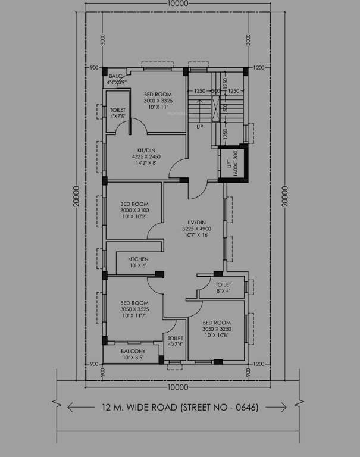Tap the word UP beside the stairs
(x=199, y=127)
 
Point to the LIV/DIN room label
(x=196, y=228)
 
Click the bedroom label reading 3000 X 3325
(x=158, y=101)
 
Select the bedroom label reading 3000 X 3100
(x=134, y=210)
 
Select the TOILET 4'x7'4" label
(x=175, y=341)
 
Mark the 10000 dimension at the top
(x=179, y=4)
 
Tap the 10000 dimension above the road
(x=179, y=387)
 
